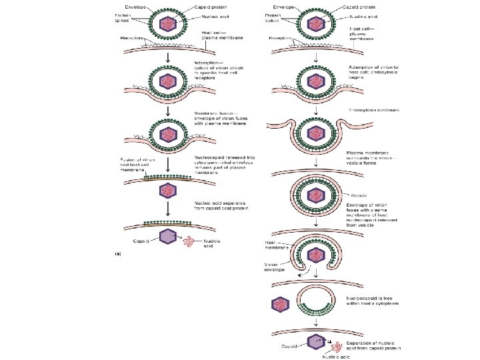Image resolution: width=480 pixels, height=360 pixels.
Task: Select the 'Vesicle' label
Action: tap(356, 195)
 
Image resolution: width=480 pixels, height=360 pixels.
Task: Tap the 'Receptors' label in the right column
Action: tap(280, 37)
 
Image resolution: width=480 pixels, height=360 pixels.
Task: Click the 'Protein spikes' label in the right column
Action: tap(271, 17)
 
